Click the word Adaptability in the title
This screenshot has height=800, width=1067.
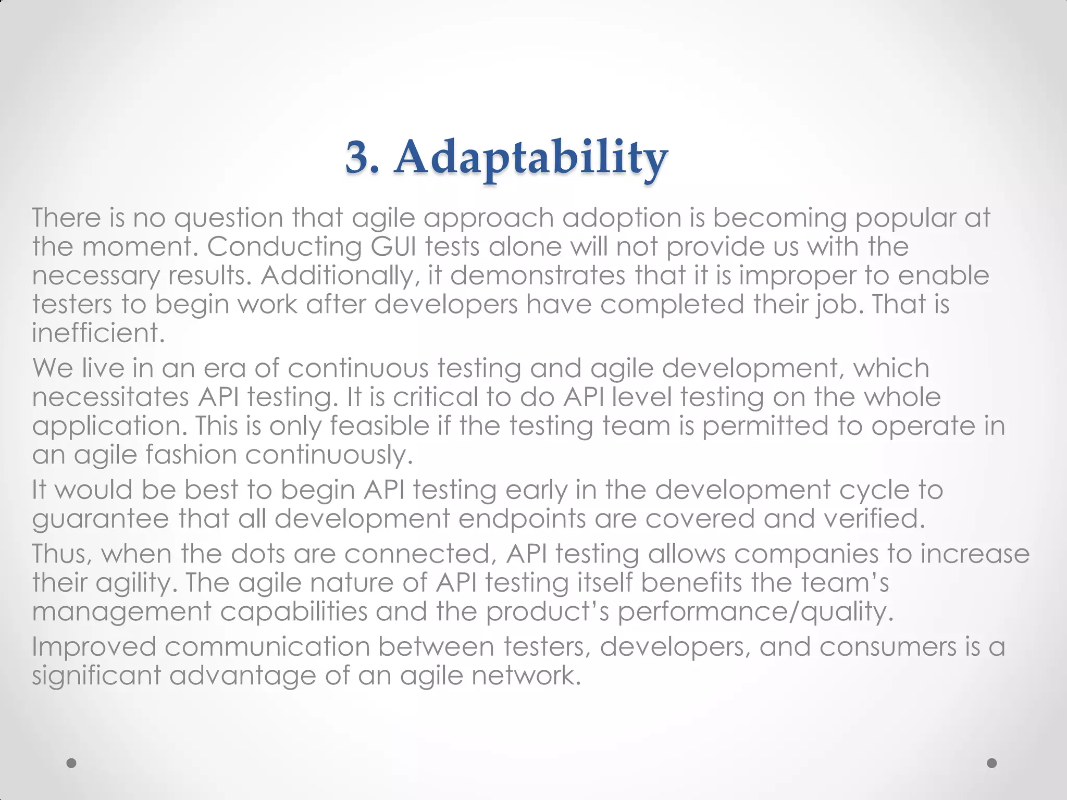(x=531, y=158)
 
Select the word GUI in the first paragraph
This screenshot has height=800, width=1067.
(x=393, y=246)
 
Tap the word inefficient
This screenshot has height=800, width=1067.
(x=98, y=333)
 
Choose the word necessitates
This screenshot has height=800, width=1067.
(x=110, y=397)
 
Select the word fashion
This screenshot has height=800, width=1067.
(x=191, y=455)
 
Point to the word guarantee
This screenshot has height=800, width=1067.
(x=101, y=519)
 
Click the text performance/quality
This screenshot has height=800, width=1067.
(x=755, y=611)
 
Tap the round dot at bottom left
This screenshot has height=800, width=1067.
(x=72, y=763)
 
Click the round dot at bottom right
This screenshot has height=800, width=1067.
(x=992, y=763)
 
